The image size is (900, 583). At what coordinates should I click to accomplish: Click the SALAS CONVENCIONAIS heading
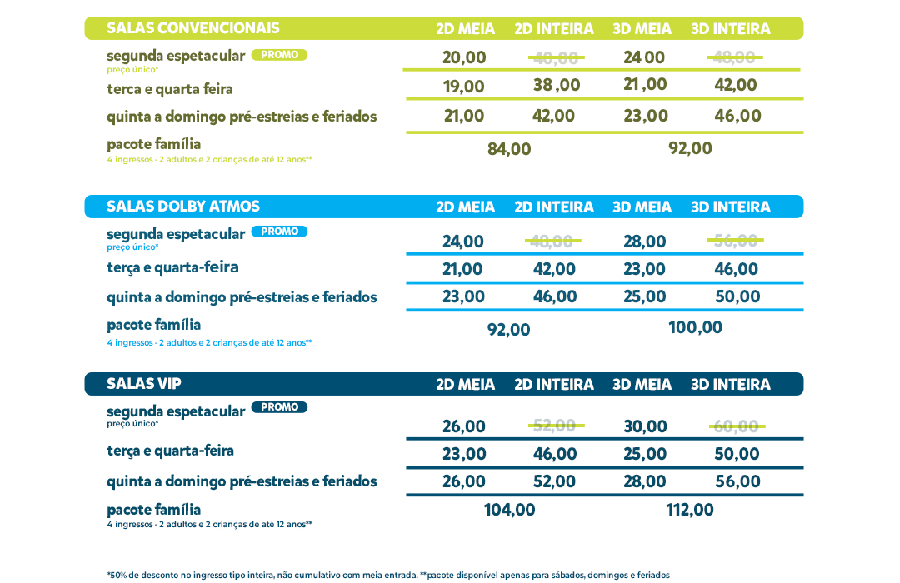[193, 28]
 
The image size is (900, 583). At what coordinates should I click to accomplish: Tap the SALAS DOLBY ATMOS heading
[183, 207]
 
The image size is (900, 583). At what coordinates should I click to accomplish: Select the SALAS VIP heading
[144, 384]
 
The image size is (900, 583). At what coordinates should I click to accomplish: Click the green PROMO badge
[279, 55]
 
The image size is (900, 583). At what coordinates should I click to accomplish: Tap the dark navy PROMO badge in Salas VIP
[279, 407]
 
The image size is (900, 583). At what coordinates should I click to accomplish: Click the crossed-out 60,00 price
[737, 426]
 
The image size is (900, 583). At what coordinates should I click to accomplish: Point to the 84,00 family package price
[509, 149]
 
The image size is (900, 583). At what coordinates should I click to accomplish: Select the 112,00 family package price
[690, 510]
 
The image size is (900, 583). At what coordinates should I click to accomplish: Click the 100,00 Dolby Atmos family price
[695, 327]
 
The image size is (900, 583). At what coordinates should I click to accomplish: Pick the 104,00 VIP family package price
[509, 510]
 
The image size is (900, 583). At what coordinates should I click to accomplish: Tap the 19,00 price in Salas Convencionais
[463, 87]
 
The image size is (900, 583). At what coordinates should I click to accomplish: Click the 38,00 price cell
[557, 85]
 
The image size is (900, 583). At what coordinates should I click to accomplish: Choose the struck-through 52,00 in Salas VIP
[555, 426]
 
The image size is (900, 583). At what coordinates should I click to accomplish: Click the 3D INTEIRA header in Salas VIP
[730, 385]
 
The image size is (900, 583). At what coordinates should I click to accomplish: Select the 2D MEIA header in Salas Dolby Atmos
[465, 207]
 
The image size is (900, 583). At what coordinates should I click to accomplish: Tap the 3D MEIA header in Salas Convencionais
[642, 29]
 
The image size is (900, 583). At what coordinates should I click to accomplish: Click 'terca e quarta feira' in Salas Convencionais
[170, 89]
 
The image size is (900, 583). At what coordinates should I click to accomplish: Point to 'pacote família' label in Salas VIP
[154, 509]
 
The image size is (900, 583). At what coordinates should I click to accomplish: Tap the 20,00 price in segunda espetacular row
[464, 57]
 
